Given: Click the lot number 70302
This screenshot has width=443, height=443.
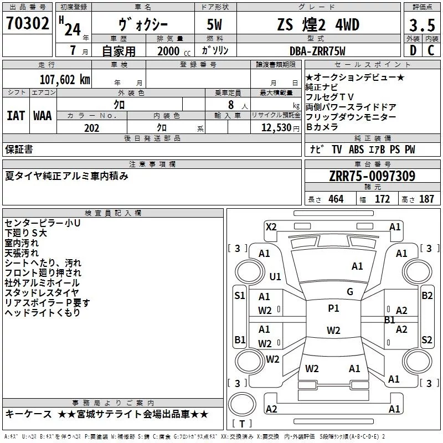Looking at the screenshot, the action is [27, 23].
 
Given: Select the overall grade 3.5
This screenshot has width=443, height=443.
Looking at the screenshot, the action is [422, 25].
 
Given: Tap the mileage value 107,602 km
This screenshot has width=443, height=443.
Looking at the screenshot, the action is [65, 80].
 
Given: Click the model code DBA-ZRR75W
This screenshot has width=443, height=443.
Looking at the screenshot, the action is [317, 51].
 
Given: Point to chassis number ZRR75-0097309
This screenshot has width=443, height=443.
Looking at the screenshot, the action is [372, 176].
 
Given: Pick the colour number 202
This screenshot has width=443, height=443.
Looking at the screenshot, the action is [92, 128].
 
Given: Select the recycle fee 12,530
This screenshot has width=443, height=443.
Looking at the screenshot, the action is [276, 128].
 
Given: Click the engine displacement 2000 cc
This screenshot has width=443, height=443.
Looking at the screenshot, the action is [174, 51].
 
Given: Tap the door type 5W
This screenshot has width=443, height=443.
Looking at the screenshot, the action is [214, 24].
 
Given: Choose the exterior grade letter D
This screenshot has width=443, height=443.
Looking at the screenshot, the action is [413, 50].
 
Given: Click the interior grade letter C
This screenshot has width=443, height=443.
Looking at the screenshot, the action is [431, 50].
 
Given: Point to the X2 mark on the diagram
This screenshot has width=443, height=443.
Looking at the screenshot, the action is [271, 227].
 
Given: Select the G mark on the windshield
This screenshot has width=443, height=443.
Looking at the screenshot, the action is [350, 292].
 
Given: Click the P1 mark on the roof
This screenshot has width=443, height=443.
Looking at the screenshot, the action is [333, 308].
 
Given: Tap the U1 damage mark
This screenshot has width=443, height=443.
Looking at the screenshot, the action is [275, 276].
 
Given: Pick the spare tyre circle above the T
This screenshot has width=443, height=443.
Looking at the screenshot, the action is [242, 404].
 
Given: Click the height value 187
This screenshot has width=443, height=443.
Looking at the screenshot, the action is [426, 199].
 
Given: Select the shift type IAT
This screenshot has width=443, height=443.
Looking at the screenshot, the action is [16, 116].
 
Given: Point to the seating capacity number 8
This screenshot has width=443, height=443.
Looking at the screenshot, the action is [231, 105].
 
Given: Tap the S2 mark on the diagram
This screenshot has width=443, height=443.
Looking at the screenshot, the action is [426, 339].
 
